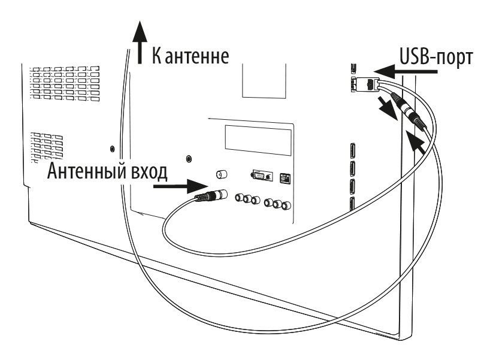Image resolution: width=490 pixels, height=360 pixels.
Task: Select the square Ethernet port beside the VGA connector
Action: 285,177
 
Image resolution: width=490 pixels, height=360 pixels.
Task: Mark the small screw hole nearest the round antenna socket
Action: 190,158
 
